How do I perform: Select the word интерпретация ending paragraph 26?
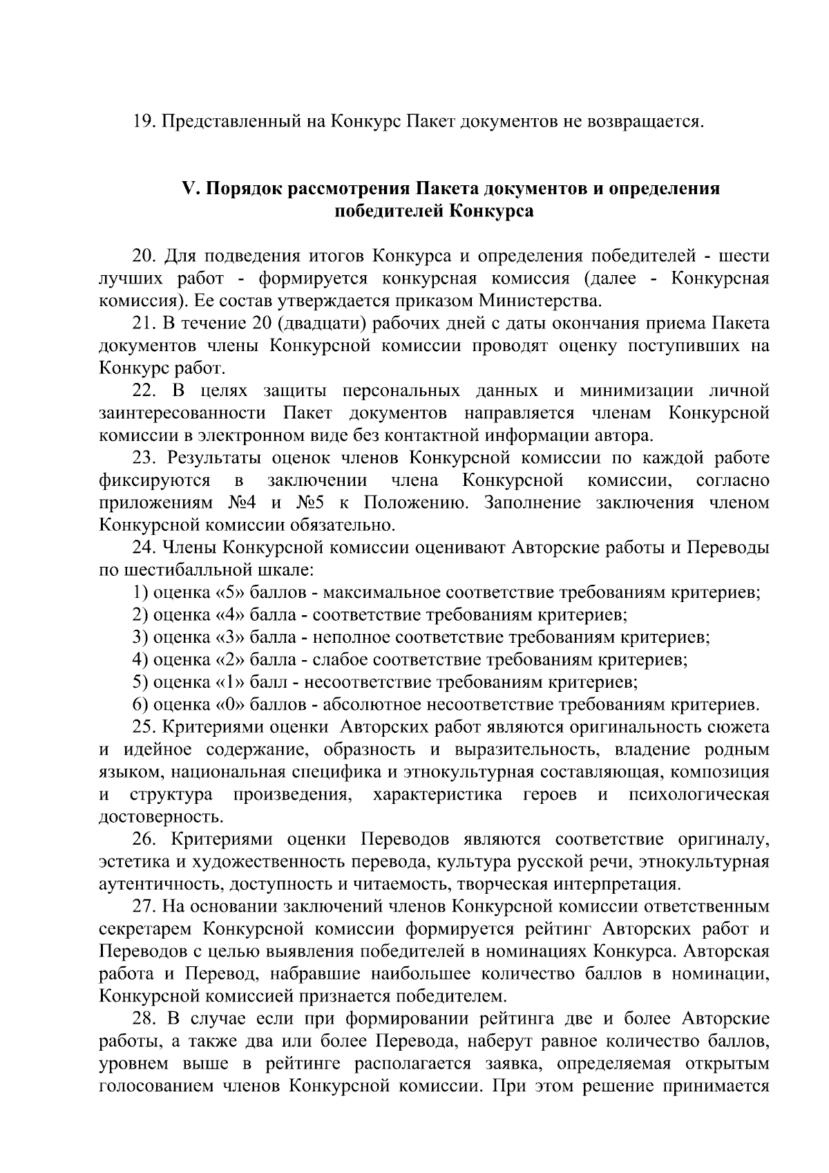(x=622, y=883)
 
